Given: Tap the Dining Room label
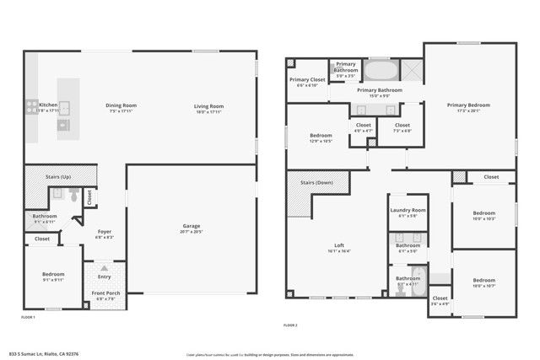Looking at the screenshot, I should [x=121, y=105].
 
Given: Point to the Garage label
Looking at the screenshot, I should [x=192, y=225].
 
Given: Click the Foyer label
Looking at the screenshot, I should [x=105, y=231].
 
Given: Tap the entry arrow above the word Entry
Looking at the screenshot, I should [x=105, y=268].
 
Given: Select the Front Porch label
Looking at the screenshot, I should [x=105, y=293].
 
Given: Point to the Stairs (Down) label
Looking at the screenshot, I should [x=318, y=182].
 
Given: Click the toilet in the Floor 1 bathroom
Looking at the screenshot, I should [x=74, y=197].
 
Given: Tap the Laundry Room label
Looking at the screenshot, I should [x=408, y=209].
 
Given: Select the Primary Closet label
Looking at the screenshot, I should [x=307, y=80].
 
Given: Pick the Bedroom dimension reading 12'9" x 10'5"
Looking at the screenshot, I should [x=320, y=141].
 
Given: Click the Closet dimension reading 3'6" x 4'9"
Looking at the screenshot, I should [x=440, y=304].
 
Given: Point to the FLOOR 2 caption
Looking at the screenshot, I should [x=291, y=324].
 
